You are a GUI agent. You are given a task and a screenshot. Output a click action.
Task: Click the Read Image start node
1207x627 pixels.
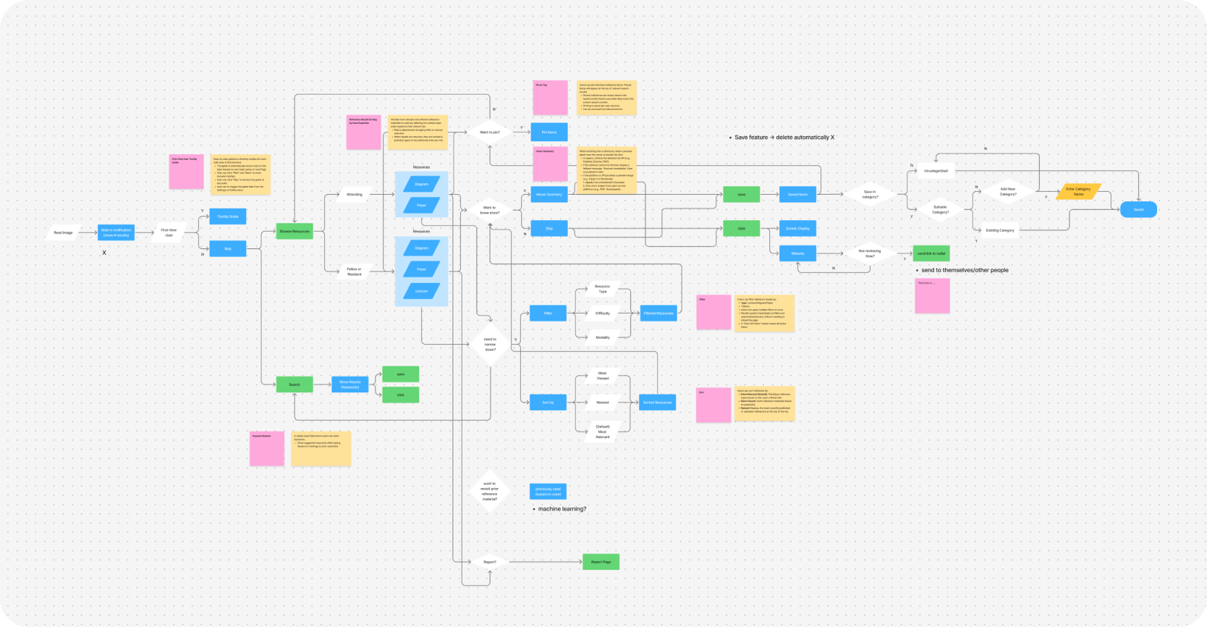(63, 232)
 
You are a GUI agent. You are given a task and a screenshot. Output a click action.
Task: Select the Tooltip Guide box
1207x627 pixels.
(228, 216)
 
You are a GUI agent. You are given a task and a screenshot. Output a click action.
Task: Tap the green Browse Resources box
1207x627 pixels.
(295, 231)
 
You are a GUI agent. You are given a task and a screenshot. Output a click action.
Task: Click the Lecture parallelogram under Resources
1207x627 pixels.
(421, 291)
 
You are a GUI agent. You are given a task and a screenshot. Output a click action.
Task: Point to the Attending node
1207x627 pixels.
(354, 194)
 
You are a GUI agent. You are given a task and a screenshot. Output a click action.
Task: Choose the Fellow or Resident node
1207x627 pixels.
(354, 272)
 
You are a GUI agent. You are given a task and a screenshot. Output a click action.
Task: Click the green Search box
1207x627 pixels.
(295, 384)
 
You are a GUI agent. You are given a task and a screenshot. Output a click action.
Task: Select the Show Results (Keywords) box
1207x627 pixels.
(350, 384)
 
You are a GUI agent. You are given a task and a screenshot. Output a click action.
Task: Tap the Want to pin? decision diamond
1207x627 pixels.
(489, 132)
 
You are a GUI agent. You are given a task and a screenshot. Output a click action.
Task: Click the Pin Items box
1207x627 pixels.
(549, 132)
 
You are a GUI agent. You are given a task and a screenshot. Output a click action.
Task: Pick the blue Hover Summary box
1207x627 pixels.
(549, 194)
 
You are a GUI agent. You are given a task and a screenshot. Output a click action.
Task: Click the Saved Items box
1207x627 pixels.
(797, 194)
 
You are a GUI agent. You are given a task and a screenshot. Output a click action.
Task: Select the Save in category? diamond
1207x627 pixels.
(869, 194)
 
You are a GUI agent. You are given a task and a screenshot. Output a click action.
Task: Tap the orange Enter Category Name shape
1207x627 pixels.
(1077, 191)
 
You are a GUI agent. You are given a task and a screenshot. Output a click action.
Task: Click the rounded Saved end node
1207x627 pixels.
(1138, 209)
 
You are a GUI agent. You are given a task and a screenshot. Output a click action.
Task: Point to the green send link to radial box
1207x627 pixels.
(931, 253)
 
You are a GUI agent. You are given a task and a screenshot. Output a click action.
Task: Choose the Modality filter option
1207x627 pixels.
(602, 337)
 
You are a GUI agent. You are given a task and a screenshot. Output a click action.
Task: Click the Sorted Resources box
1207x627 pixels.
(657, 402)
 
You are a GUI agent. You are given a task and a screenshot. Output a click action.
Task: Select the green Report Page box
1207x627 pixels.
(601, 561)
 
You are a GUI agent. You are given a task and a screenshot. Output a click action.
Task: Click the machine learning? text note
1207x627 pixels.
(562, 509)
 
